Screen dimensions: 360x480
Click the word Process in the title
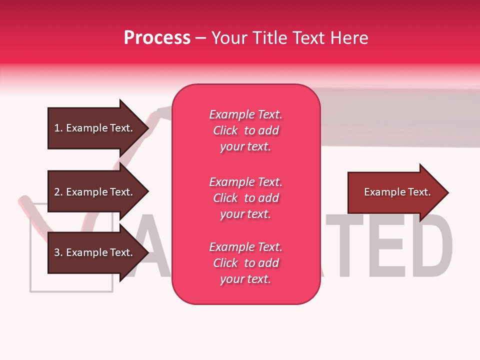pos(157,38)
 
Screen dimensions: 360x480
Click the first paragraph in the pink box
pos(245,130)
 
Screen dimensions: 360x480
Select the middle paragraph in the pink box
pos(245,198)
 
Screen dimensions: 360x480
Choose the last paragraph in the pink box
pos(245,263)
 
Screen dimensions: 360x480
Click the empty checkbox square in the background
pos(70,280)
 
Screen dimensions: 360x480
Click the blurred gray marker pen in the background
pos(400,117)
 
